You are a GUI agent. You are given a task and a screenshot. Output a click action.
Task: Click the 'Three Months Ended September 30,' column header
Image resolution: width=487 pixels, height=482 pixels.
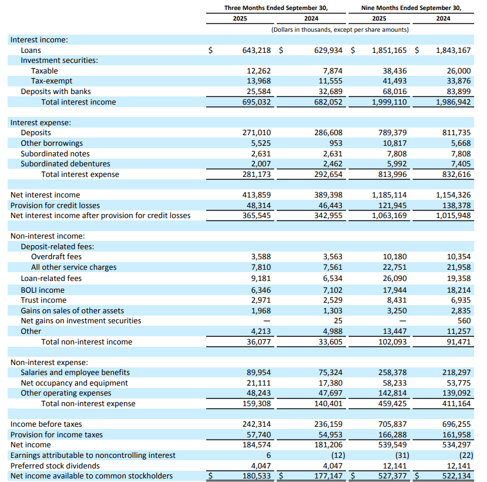[x=276, y=8]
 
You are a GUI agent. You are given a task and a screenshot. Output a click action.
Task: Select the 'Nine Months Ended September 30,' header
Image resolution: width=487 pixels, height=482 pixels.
[x=410, y=8]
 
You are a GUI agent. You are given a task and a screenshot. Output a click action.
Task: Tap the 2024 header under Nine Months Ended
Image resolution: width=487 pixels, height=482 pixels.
[x=443, y=19]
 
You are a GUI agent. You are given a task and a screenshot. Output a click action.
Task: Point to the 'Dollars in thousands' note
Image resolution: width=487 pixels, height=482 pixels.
[x=340, y=29]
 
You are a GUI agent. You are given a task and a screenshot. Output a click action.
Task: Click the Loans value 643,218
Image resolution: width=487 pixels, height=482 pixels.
[x=257, y=51]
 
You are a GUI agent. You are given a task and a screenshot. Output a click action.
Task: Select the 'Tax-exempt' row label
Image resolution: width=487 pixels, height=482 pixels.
[x=52, y=81]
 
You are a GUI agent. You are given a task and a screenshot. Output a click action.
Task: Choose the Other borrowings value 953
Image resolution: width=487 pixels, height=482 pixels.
[x=334, y=143]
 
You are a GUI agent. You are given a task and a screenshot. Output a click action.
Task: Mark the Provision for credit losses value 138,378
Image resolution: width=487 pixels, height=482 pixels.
[x=455, y=205]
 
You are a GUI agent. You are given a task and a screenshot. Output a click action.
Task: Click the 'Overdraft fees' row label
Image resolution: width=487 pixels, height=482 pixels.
[x=56, y=257]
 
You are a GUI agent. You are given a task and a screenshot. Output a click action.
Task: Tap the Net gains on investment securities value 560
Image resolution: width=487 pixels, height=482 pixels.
[x=464, y=321]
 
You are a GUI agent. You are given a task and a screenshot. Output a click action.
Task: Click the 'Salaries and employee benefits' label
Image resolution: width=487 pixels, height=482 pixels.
[x=75, y=373]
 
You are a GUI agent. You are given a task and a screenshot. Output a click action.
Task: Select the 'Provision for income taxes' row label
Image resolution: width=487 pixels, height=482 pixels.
[x=56, y=434]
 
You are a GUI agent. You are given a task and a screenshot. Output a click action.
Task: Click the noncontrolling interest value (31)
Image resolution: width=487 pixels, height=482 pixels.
[x=398, y=455]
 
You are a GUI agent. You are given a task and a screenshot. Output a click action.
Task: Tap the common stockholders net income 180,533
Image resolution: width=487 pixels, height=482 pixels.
[x=257, y=476]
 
